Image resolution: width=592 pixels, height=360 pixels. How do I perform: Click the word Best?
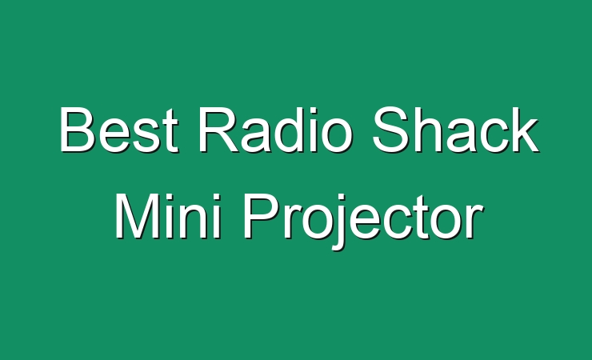[x=119, y=130]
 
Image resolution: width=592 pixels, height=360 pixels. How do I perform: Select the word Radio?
[x=276, y=130]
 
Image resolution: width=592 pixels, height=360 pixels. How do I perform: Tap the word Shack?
[x=456, y=130]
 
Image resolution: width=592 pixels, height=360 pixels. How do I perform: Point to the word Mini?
[x=168, y=216]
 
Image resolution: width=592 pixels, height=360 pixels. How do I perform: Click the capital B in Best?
[x=77, y=130]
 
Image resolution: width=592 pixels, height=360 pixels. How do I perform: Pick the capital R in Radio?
[x=219, y=130]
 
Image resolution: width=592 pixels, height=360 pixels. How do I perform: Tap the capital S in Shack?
[x=391, y=130]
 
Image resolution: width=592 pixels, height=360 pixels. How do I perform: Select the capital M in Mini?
[x=137, y=216]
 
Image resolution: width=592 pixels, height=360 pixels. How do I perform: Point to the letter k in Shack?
[x=524, y=130]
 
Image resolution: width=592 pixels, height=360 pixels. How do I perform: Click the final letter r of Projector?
[x=474, y=222]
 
